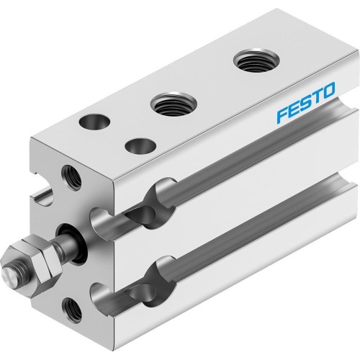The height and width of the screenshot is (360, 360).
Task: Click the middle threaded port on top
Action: click(x=170, y=108)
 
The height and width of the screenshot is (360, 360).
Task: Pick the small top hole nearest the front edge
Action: click(x=134, y=146)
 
